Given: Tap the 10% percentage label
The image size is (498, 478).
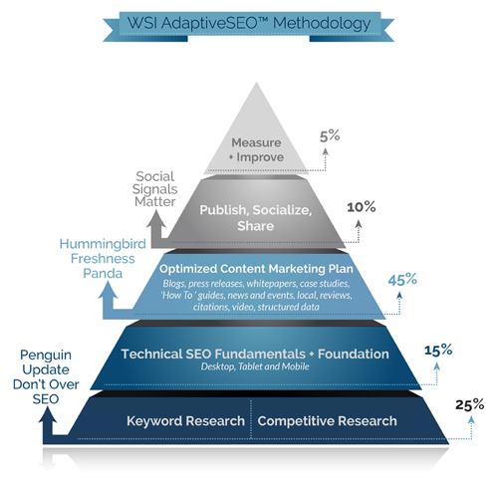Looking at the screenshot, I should point(361,207).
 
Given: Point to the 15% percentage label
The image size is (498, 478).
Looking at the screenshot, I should point(438,350).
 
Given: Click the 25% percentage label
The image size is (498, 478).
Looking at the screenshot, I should point(470,404).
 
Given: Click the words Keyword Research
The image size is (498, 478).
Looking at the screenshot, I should point(183,421).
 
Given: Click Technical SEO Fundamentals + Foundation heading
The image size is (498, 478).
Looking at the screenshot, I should point(250,354).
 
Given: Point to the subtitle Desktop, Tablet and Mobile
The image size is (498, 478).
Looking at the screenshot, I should point(250,367).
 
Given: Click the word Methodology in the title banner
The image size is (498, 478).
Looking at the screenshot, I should point(317,20).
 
